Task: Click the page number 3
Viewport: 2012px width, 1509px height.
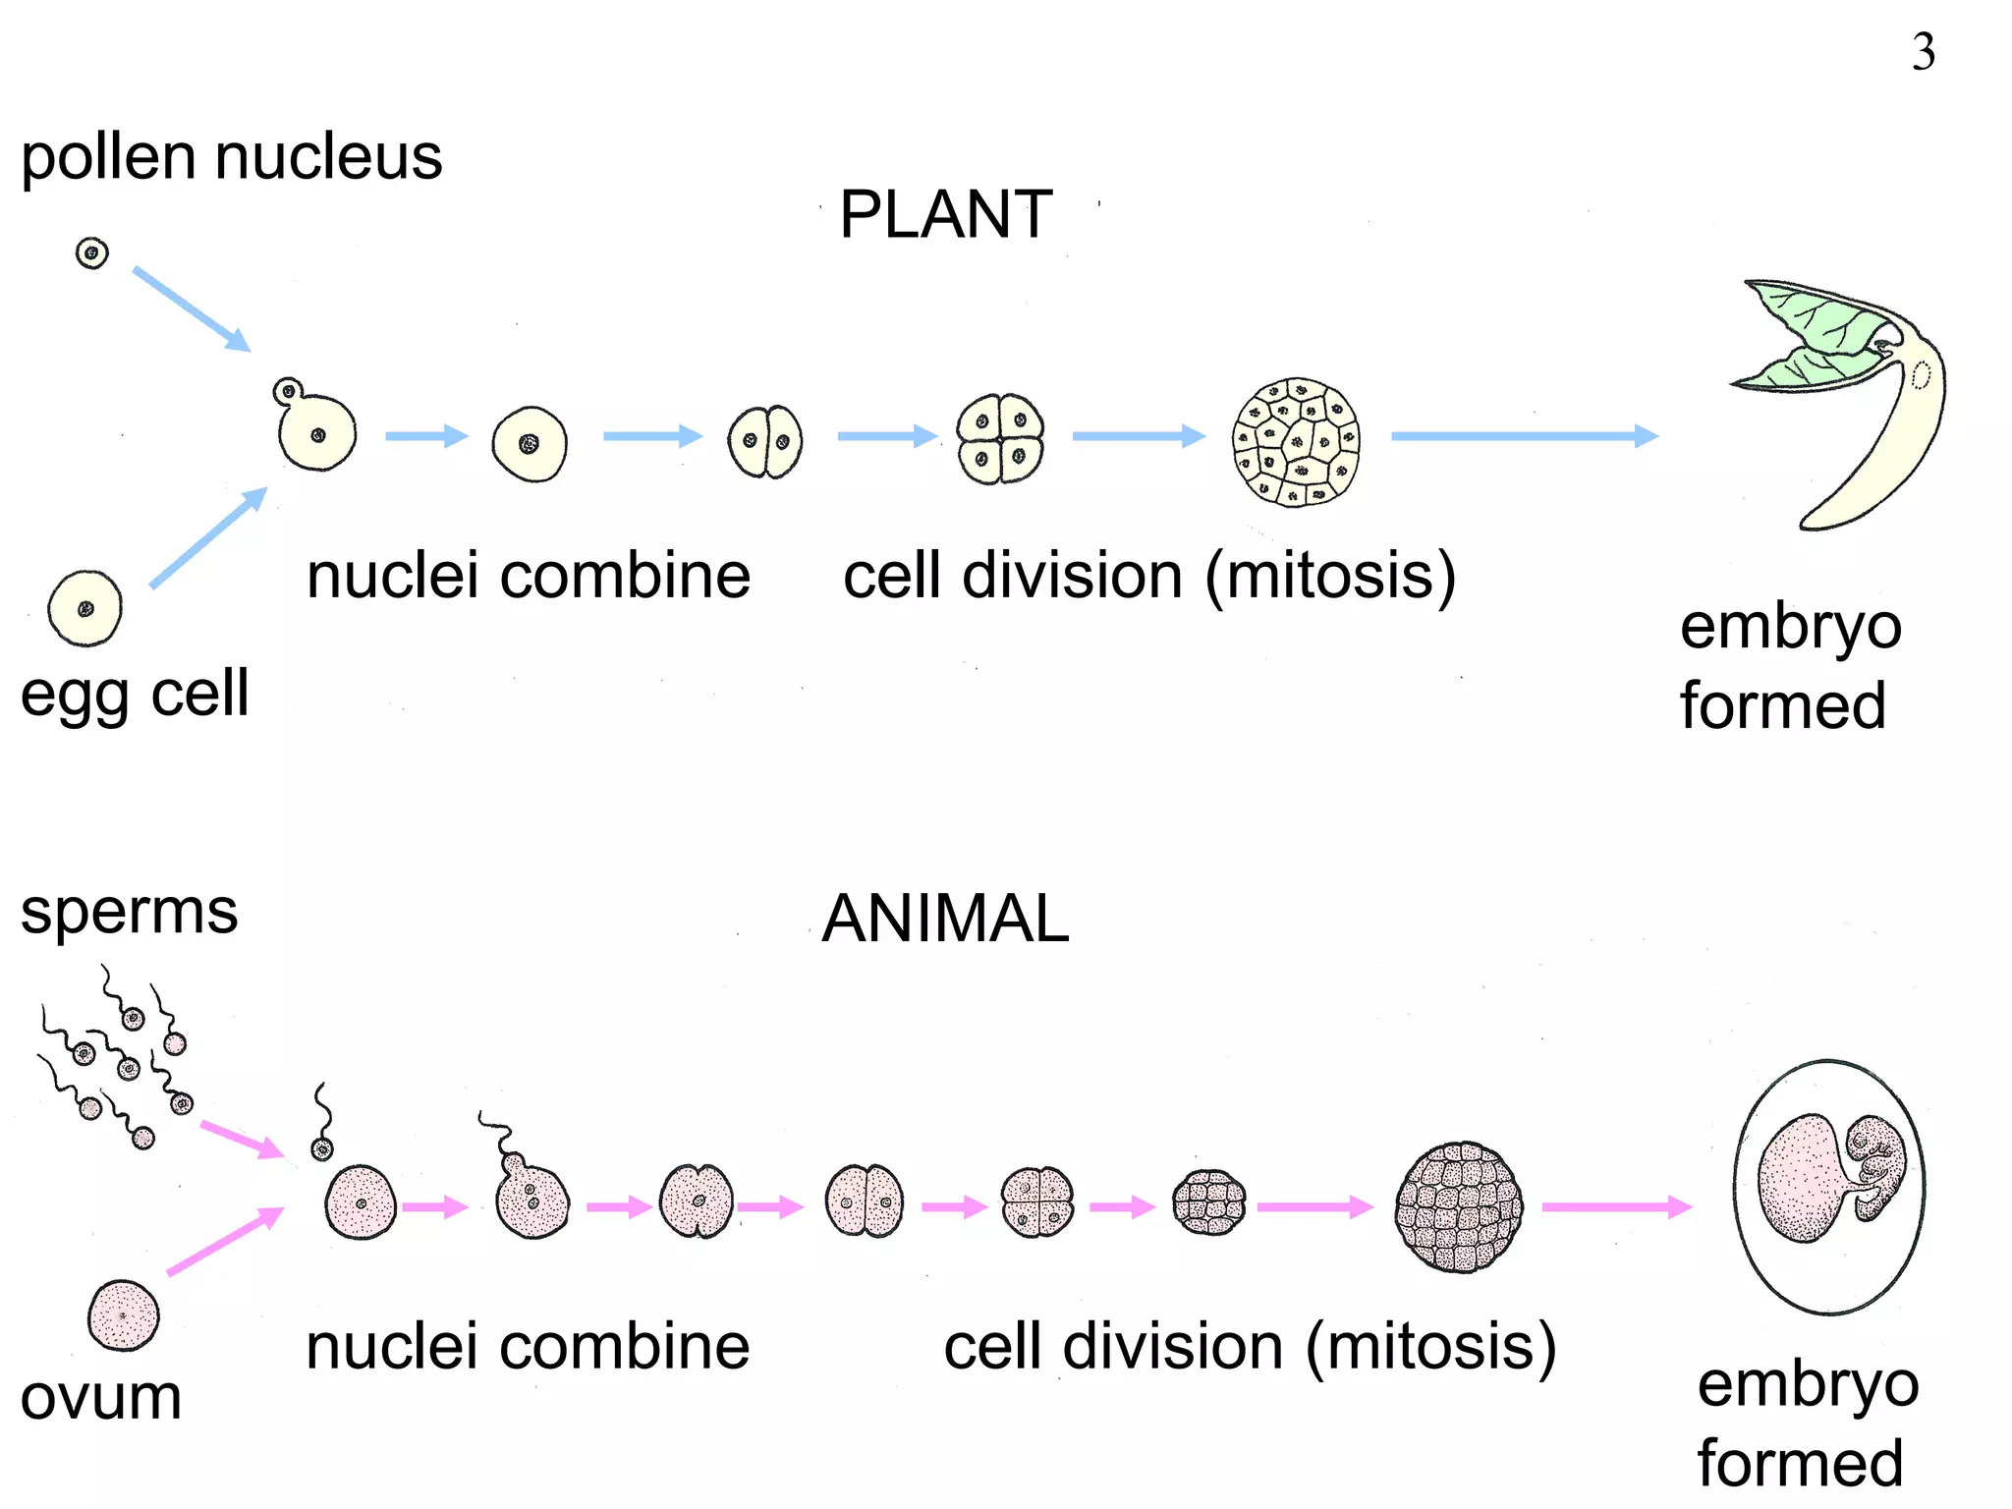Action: tap(1923, 52)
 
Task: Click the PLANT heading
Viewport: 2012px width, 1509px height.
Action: tap(945, 214)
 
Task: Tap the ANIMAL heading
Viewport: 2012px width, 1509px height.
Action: tap(945, 919)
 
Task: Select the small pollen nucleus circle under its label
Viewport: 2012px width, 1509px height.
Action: tap(92, 253)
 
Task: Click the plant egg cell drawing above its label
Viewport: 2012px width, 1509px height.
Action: tap(85, 609)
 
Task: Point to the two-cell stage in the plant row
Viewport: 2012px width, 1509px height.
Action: tap(765, 441)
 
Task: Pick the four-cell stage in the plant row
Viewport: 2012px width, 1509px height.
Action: tap(1000, 439)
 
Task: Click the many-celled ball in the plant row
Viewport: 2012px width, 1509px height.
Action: tap(1297, 442)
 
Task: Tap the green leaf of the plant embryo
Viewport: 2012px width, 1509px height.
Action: tap(1817, 324)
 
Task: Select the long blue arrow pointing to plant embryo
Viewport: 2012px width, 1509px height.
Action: tap(1523, 436)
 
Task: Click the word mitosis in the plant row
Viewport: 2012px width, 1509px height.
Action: tap(1331, 576)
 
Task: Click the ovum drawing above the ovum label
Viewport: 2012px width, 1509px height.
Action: tap(124, 1315)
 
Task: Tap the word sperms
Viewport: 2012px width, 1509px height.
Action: tap(129, 911)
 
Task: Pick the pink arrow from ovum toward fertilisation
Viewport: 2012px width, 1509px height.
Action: tap(225, 1242)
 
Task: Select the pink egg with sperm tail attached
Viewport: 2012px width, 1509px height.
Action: tap(531, 1199)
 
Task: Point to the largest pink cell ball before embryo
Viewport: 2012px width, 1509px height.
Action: tap(1459, 1207)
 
